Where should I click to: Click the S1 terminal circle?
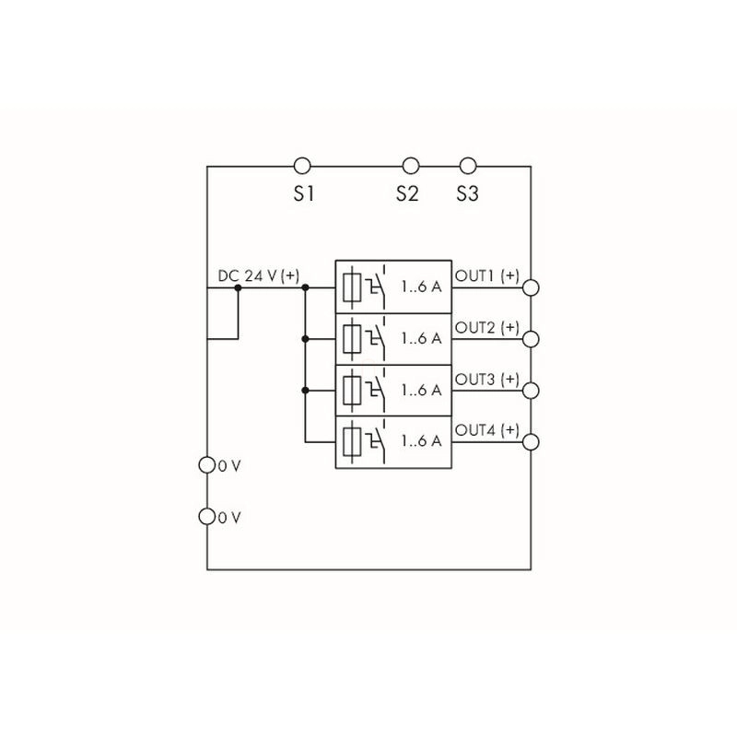(301, 166)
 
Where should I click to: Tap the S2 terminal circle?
(411, 166)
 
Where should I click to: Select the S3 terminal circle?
(468, 166)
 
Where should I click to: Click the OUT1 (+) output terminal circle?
(531, 287)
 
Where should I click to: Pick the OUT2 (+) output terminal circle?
(531, 339)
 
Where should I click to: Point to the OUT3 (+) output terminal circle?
(531, 391)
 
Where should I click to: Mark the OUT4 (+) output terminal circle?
(531, 442)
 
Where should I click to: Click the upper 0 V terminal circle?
(207, 465)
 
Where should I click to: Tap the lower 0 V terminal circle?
(207, 517)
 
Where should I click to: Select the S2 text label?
(407, 194)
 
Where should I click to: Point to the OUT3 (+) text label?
(487, 380)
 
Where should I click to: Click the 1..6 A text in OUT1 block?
(421, 287)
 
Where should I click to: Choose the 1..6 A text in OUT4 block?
(421, 441)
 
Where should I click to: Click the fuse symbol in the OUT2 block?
(352, 338)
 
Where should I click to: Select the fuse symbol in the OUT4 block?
(352, 441)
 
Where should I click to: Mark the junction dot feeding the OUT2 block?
(304, 339)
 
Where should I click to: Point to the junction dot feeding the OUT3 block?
(304, 391)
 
